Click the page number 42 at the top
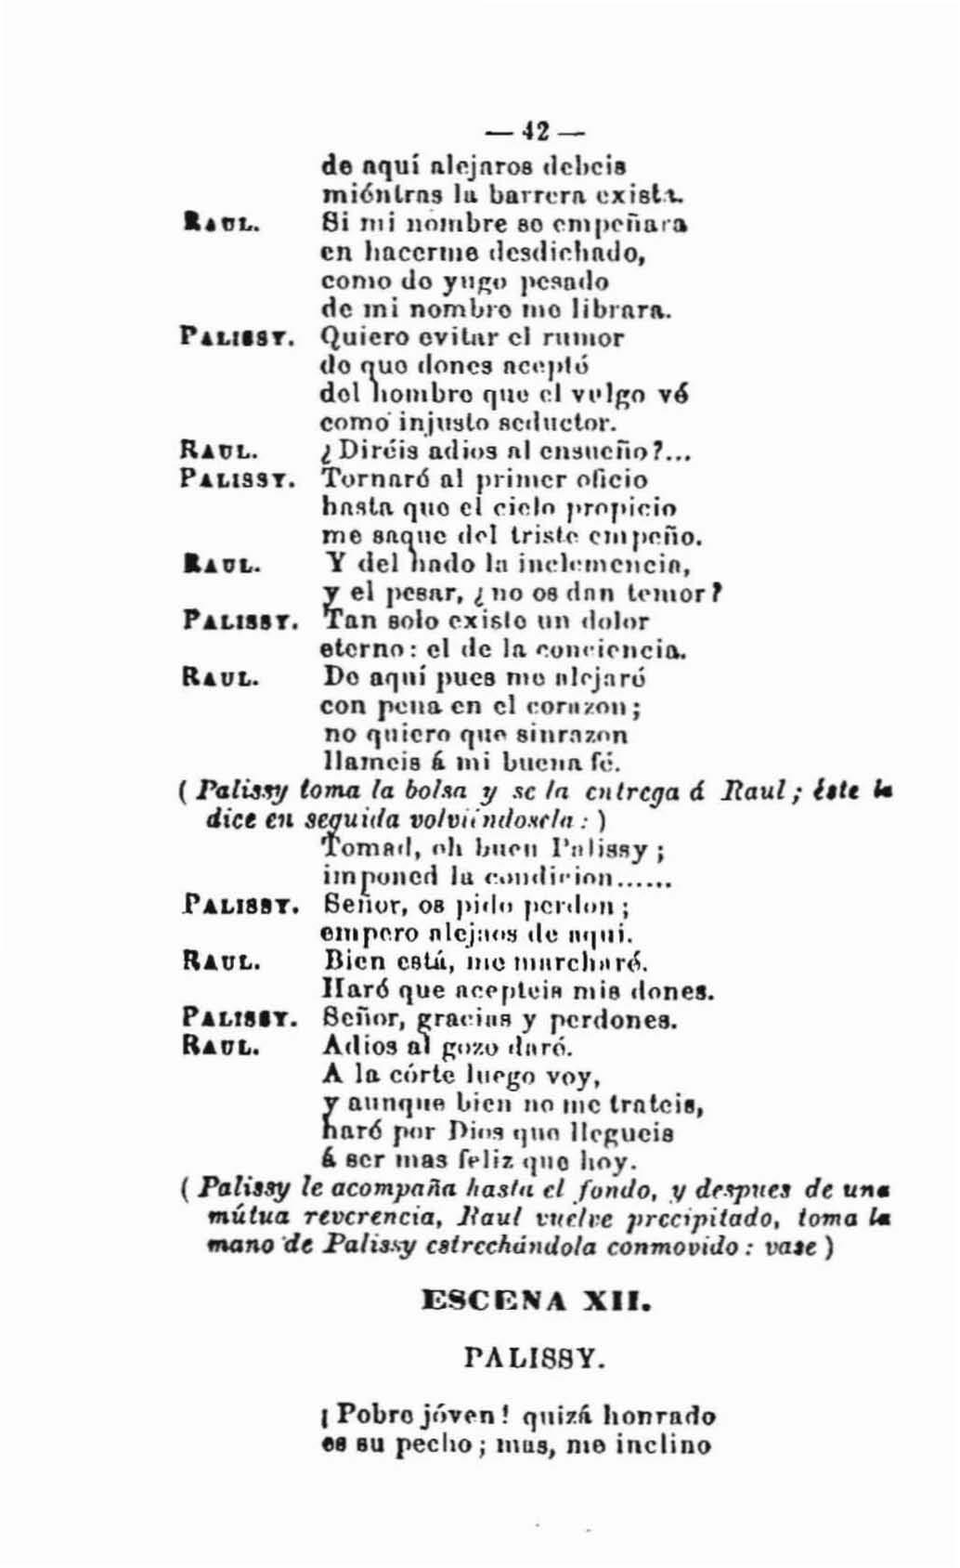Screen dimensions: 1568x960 [x=534, y=132]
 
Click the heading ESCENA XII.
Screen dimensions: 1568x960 [x=535, y=1300]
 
